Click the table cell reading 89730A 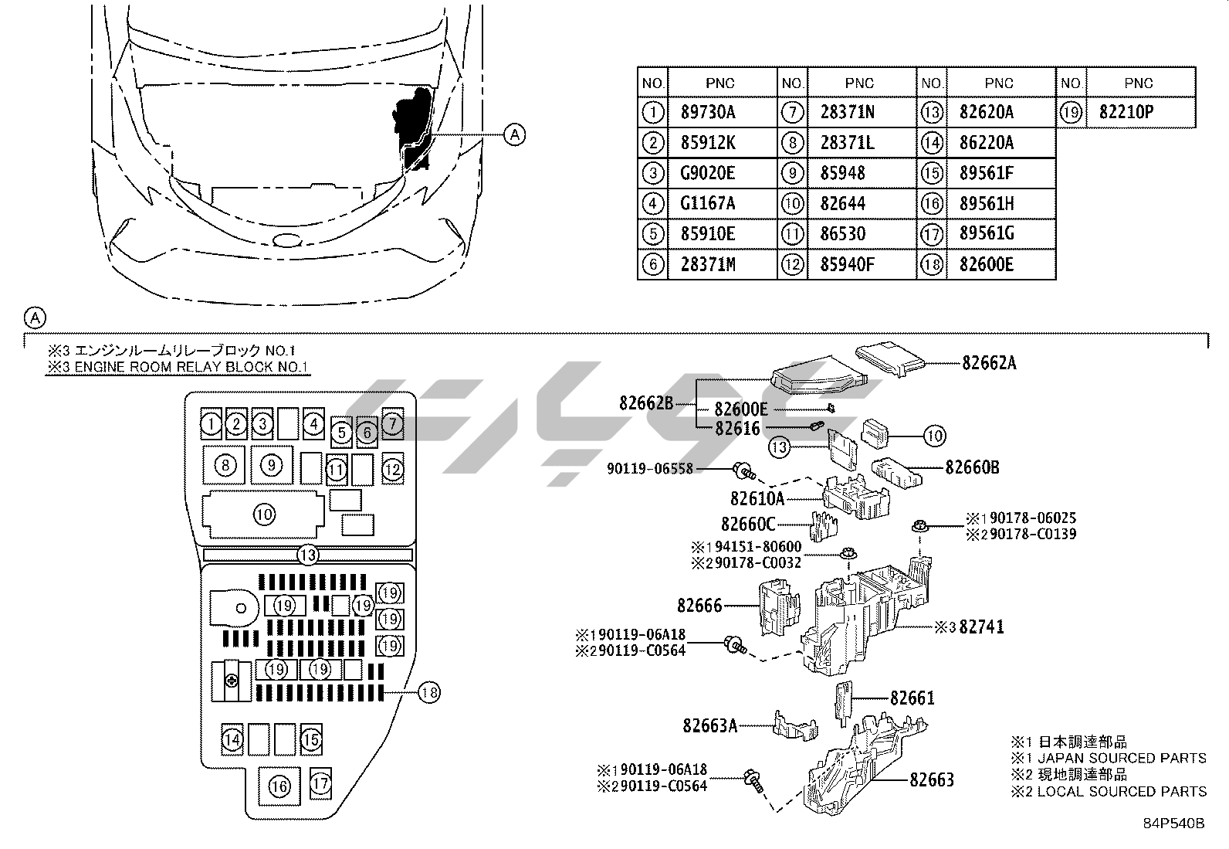[x=722, y=113]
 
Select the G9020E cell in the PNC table [x=722, y=174]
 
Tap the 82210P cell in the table [x=1141, y=113]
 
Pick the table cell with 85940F [x=862, y=265]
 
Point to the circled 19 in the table [x=1071, y=113]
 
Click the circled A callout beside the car [x=514, y=134]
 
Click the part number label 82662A [x=989, y=363]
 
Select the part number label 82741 [x=981, y=627]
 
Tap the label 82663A [x=710, y=725]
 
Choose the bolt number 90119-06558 [x=649, y=468]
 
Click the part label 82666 [x=699, y=605]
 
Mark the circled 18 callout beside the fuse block [x=429, y=692]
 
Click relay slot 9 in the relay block [x=272, y=465]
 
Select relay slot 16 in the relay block [x=279, y=786]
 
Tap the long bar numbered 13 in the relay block [x=308, y=555]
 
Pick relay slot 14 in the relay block [x=232, y=739]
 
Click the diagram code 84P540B [x=1173, y=824]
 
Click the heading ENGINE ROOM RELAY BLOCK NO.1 [x=191, y=367]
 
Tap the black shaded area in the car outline [x=414, y=126]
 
